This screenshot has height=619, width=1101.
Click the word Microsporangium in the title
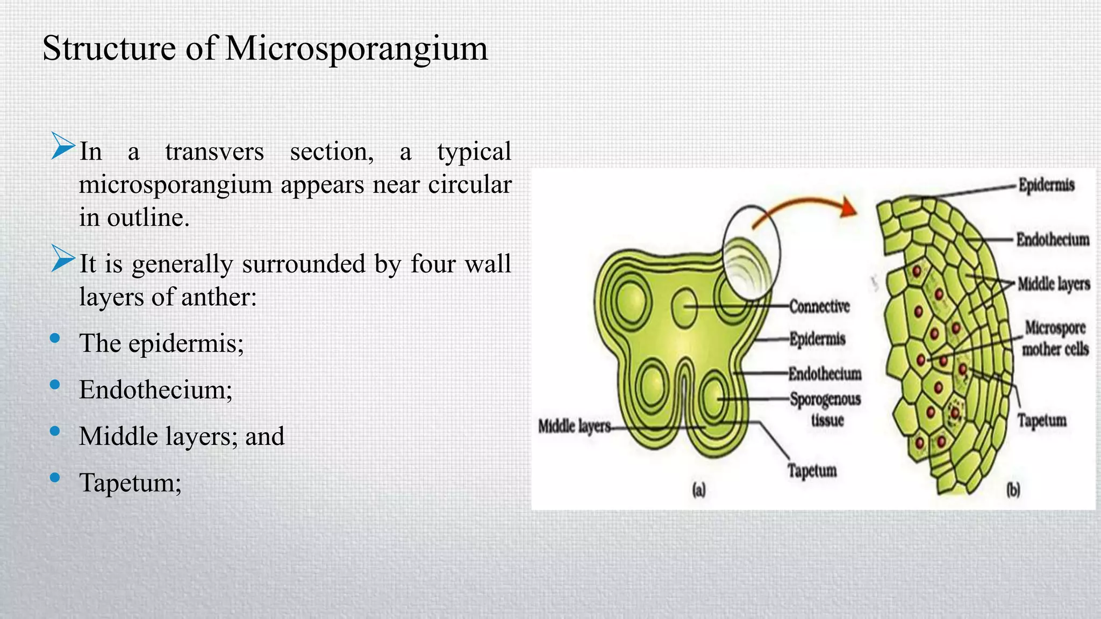(356, 49)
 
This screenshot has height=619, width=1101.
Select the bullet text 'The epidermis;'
(161, 343)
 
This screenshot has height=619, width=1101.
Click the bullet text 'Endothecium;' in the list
(155, 390)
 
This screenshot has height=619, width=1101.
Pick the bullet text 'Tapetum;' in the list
(130, 483)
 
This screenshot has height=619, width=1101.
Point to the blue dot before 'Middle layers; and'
(54, 431)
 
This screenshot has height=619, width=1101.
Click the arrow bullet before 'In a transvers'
(62, 146)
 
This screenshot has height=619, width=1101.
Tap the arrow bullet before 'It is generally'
(62, 258)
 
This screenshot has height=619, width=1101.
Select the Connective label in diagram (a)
(819, 306)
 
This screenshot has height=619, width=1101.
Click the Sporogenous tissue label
(825, 409)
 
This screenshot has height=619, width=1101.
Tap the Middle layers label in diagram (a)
(574, 427)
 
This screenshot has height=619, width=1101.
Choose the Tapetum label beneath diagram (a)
(812, 471)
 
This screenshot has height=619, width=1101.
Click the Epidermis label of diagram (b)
(1046, 185)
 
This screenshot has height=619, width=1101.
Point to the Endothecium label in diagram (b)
(1052, 239)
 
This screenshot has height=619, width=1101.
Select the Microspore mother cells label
(1055, 338)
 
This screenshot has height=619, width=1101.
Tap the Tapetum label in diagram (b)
(1041, 420)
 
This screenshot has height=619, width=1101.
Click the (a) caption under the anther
(698, 490)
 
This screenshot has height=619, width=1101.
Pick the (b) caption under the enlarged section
(1013, 490)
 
